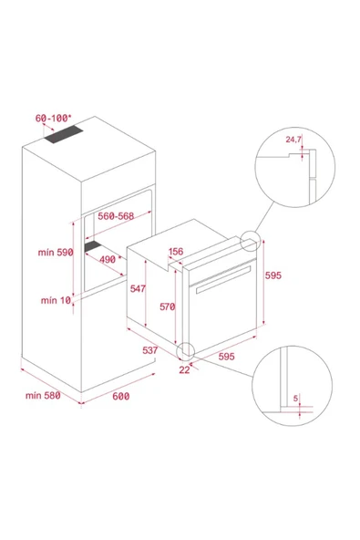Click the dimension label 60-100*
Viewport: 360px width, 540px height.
tap(54, 119)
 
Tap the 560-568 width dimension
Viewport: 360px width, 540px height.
tap(116, 216)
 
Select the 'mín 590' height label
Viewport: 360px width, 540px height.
tap(56, 253)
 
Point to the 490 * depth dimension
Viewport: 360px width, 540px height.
tap(111, 259)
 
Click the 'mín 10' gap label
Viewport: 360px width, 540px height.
tap(56, 300)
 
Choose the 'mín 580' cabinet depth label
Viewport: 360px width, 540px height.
tap(43, 395)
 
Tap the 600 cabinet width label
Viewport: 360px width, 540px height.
tap(121, 397)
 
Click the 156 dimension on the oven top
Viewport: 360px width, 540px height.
tap(176, 252)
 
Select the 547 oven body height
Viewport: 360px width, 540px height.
tap(138, 288)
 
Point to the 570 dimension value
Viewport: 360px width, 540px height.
tap(168, 306)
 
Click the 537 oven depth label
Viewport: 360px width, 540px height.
tap(150, 350)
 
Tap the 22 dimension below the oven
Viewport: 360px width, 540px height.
tap(184, 369)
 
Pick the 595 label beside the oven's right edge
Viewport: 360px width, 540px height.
tap(273, 275)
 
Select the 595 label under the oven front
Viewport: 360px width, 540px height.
tap(226, 357)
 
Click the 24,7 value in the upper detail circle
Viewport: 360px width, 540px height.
tap(293, 140)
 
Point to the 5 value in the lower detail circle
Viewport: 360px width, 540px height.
tap(295, 399)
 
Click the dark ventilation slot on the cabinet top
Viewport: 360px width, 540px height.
tap(64, 135)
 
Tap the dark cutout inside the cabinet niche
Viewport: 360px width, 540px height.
tap(93, 246)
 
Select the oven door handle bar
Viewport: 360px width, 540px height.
tap(223, 280)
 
